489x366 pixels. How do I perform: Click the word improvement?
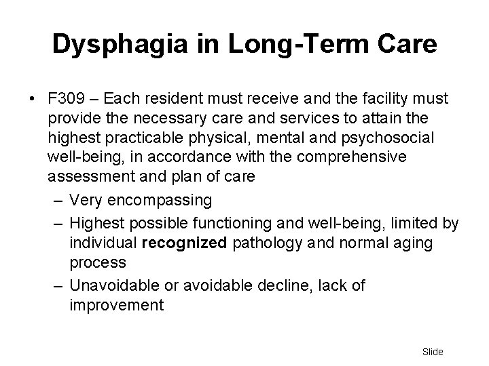point(116,305)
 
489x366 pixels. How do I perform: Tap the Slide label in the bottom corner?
point(432,352)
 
